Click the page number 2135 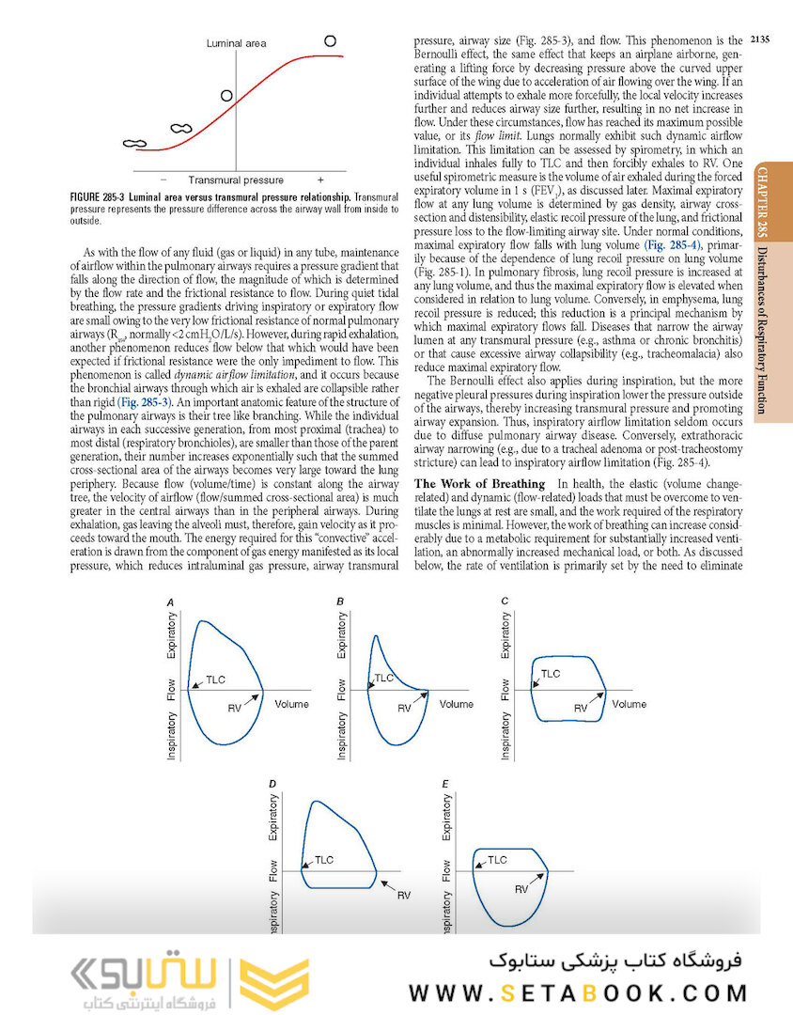[761, 39]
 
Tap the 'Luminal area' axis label [236, 43]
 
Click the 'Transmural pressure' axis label [236, 180]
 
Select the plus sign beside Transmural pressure [319, 180]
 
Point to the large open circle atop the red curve [330, 40]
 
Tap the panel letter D [272, 783]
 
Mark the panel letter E [444, 783]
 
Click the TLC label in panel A [216, 679]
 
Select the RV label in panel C [582, 706]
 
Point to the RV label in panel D [403, 895]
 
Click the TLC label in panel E [497, 860]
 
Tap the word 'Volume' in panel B [457, 704]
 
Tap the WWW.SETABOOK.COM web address [578, 992]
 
